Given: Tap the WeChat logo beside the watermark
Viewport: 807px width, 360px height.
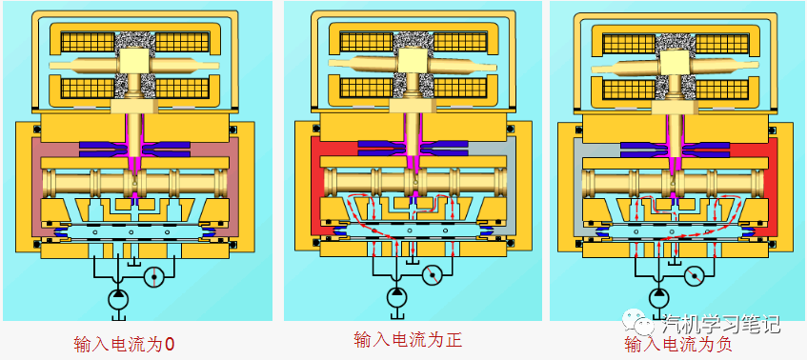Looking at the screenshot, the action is pyautogui.click(x=632, y=322).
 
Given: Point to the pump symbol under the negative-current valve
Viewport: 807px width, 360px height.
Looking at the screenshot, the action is pyautogui.click(x=656, y=297).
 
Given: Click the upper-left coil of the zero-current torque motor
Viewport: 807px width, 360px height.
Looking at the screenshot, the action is pyautogui.click(x=88, y=42).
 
